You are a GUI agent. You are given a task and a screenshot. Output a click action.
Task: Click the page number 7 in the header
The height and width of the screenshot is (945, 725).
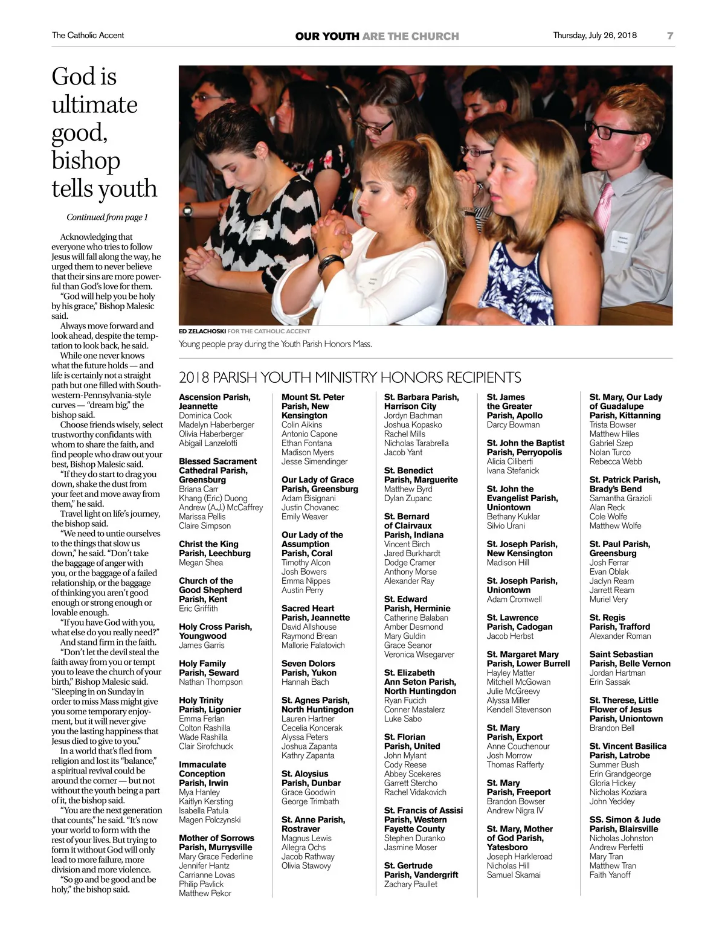(669, 36)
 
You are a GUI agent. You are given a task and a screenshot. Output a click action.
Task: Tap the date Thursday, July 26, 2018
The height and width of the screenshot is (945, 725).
(594, 35)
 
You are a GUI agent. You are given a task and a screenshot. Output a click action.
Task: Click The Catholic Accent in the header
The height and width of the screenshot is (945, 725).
(88, 35)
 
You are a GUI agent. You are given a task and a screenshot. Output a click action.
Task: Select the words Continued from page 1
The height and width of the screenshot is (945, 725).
(107, 217)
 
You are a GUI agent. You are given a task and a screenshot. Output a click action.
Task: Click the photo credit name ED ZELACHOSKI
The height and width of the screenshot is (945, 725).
(202, 331)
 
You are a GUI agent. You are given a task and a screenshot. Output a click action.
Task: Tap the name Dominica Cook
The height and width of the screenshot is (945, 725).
(205, 415)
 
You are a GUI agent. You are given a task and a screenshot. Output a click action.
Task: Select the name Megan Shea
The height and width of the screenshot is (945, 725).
(201, 562)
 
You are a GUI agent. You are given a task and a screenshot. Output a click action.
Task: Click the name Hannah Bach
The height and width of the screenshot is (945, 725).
(305, 682)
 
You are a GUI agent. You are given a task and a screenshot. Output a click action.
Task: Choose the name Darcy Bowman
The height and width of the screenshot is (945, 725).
(513, 424)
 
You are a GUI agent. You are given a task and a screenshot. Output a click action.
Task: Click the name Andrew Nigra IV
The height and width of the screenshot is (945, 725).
(515, 810)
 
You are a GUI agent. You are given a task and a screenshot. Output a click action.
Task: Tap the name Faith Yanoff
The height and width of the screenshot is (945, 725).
(610, 874)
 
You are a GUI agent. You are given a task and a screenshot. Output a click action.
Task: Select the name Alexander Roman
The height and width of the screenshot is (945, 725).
(620, 636)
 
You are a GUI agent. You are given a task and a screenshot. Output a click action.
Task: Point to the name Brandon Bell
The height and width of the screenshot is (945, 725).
(611, 728)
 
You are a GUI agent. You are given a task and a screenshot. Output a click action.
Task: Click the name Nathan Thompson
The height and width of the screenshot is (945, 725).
(210, 682)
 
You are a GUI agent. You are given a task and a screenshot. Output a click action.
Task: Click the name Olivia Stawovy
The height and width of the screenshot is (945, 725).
(306, 865)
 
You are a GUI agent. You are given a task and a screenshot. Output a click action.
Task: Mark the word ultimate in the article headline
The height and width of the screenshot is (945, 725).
(94, 105)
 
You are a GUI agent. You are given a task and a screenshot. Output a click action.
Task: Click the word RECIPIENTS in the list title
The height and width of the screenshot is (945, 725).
(483, 378)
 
